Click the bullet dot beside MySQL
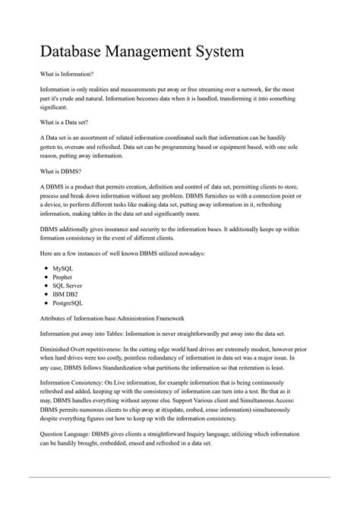46,269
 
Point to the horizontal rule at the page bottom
180,477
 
